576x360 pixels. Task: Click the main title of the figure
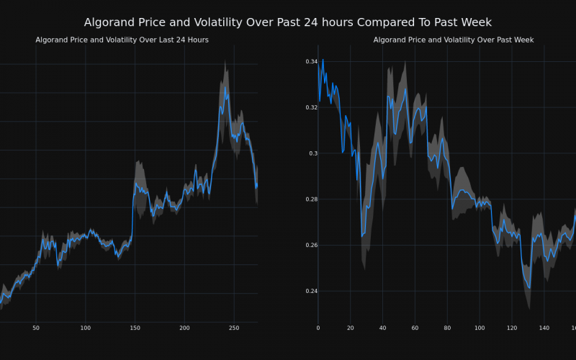click(x=288, y=22)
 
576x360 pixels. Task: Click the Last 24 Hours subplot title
click(x=122, y=40)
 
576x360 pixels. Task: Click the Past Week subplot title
click(x=454, y=40)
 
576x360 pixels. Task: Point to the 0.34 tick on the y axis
click(x=311, y=62)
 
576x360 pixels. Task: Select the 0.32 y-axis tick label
click(x=311, y=107)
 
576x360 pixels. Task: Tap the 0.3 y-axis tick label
click(x=313, y=153)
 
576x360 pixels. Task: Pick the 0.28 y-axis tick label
click(x=311, y=199)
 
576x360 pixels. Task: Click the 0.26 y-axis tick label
click(x=311, y=246)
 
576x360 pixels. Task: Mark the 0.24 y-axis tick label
click(x=311, y=292)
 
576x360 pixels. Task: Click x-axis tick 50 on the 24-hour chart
click(x=36, y=328)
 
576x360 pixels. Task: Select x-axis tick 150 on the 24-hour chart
click(x=135, y=328)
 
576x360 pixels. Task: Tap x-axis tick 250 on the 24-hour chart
click(x=233, y=328)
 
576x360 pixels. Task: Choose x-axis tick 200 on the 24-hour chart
click(x=184, y=328)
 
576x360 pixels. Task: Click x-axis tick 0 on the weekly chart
click(x=318, y=328)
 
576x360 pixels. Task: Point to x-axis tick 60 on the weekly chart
click(x=415, y=328)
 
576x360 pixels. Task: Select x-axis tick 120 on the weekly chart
click(x=512, y=328)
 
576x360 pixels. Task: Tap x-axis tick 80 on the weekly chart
click(x=447, y=328)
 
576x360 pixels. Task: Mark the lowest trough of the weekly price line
click(x=529, y=287)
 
